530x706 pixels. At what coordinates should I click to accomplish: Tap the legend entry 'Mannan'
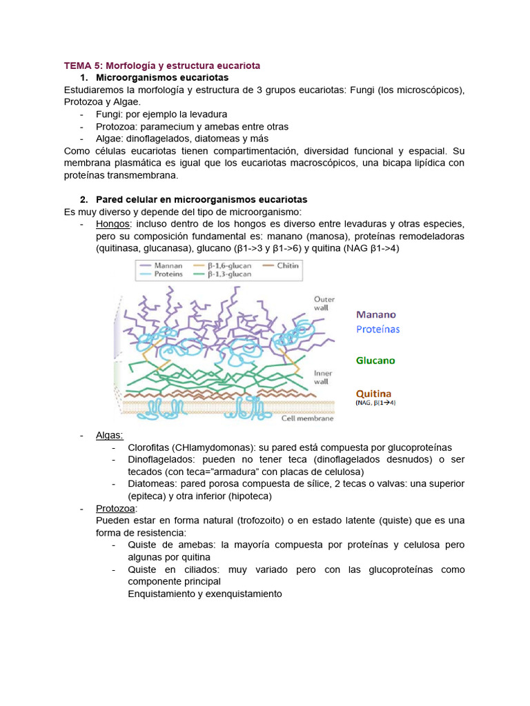168,265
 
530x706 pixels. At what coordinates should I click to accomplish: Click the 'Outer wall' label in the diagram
324,304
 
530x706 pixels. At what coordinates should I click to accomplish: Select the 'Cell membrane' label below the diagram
311,418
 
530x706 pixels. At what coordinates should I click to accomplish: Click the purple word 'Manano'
375,314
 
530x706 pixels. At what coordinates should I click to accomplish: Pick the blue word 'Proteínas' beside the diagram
377,330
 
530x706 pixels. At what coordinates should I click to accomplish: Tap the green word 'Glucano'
375,360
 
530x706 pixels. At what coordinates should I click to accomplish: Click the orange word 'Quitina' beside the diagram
375,391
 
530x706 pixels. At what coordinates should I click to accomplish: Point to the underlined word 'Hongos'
112,225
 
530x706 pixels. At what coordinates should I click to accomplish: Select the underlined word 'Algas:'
110,435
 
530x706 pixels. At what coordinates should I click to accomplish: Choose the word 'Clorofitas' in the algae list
150,447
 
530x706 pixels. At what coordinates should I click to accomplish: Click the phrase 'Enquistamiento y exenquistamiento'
205,594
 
